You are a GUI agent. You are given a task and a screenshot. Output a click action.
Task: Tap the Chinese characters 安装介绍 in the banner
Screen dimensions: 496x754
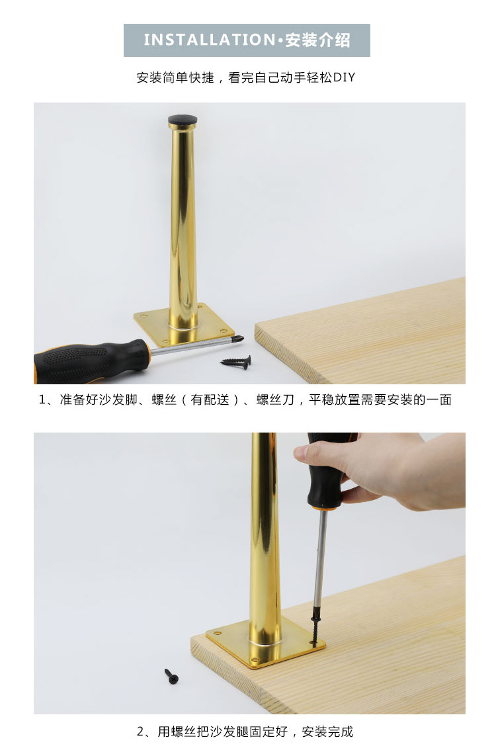click(x=317, y=40)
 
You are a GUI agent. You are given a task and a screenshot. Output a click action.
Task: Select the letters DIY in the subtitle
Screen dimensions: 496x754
click(x=344, y=77)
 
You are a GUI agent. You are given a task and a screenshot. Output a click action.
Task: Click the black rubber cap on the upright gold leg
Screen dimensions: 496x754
click(x=182, y=120)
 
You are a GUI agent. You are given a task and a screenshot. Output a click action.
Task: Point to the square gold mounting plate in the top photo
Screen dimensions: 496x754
click(x=184, y=325)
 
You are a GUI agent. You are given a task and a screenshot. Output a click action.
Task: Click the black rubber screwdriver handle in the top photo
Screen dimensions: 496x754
click(x=91, y=358)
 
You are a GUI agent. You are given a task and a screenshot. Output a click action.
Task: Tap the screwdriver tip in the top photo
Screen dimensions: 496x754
click(x=239, y=339)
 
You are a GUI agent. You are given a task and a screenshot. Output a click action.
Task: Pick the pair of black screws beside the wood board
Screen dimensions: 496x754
click(x=237, y=362)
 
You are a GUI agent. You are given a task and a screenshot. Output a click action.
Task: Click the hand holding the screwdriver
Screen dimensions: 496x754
click(x=384, y=469)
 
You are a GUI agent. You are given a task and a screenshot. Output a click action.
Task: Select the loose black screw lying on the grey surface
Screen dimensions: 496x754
click(x=171, y=675)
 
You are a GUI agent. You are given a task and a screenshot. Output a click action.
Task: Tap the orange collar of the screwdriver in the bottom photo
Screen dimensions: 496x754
click(x=325, y=507)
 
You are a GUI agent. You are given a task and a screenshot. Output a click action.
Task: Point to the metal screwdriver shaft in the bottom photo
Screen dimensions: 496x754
click(x=319, y=564)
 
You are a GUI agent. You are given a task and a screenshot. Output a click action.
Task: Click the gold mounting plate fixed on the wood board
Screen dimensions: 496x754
click(x=265, y=642)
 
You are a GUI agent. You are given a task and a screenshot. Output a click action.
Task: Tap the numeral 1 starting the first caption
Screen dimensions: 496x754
click(x=42, y=399)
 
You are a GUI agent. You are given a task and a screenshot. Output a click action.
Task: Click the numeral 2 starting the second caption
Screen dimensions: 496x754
click(x=140, y=732)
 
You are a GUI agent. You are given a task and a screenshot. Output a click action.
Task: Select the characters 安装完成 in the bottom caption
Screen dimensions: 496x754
click(x=327, y=732)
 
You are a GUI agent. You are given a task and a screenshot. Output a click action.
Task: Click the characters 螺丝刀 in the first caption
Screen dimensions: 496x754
click(x=275, y=399)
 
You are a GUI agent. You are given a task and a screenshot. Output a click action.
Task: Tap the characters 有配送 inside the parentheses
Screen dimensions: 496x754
click(x=210, y=399)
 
